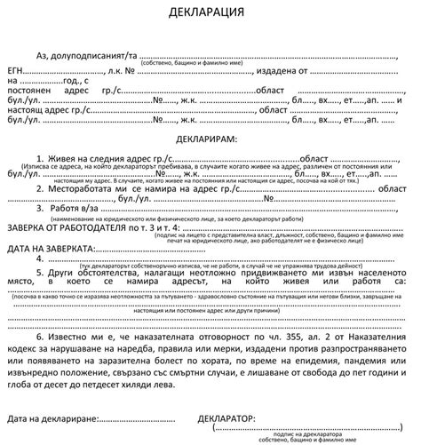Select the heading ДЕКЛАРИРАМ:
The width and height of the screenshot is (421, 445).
[x=210, y=140]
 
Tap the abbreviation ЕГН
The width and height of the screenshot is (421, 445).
[x=17, y=68]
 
